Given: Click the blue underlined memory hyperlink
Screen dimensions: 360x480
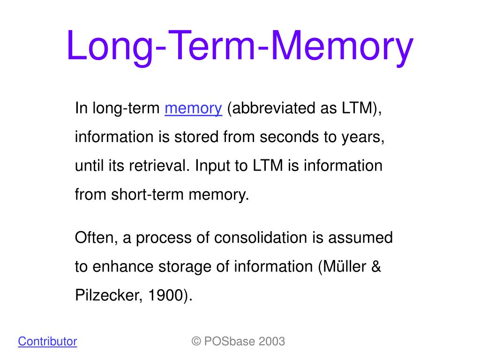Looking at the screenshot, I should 193,109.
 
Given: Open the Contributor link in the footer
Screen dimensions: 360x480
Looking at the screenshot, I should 47,341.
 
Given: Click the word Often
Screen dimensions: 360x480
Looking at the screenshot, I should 95,238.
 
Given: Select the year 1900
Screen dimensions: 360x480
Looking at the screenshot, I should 165,296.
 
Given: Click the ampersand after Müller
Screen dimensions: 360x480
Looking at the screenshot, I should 376,267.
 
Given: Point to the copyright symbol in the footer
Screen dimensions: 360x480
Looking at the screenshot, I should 196,341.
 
